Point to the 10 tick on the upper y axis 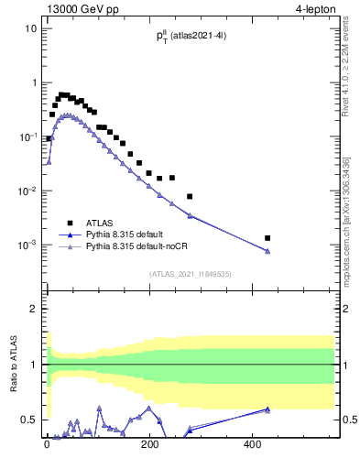click(30, 28)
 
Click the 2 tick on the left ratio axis click(34, 310)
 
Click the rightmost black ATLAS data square click(267, 238)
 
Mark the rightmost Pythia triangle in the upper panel click(267, 251)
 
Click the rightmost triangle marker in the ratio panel click(267, 409)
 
